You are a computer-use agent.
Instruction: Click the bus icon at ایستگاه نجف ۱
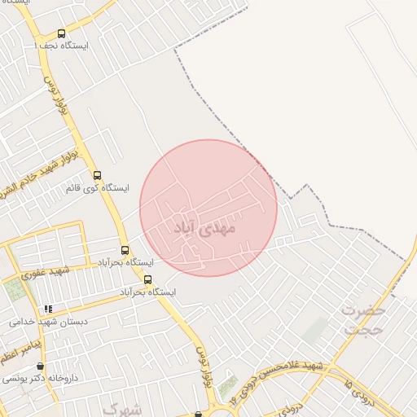41,46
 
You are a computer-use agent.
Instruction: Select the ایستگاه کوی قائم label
97,188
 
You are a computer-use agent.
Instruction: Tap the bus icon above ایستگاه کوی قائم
97,175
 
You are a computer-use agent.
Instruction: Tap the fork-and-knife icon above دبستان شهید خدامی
48,309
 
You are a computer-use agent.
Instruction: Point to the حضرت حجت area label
363,320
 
